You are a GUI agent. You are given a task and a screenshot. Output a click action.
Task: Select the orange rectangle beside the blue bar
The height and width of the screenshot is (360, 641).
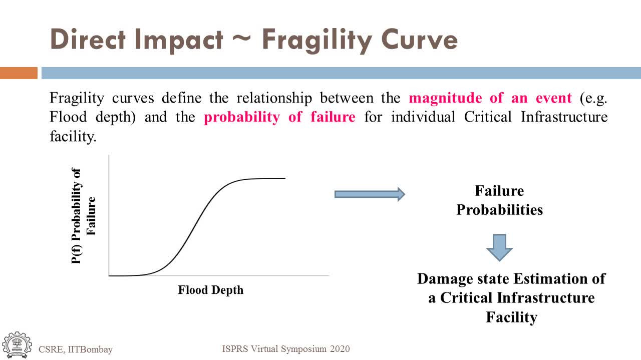click(19, 73)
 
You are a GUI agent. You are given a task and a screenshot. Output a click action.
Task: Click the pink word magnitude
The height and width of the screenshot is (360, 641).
click(445, 99)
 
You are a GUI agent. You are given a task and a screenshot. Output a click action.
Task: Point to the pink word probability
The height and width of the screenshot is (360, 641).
click(242, 117)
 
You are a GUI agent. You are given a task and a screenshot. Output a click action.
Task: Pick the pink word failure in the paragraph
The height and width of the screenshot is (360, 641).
click(333, 117)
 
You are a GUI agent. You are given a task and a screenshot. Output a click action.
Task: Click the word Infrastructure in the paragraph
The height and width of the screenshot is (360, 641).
click(564, 117)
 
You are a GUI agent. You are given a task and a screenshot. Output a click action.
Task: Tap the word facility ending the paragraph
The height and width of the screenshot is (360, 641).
click(73, 136)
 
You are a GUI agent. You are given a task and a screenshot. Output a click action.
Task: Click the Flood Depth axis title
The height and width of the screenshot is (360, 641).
click(211, 290)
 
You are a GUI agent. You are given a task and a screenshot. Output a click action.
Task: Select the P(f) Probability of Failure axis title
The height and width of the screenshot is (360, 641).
click(83, 216)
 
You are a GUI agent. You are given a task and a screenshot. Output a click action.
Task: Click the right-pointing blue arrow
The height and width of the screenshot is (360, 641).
click(370, 195)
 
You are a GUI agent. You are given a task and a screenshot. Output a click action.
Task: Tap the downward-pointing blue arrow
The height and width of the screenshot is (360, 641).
click(499, 248)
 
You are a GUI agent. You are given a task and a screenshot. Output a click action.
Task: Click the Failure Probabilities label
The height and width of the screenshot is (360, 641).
click(499, 200)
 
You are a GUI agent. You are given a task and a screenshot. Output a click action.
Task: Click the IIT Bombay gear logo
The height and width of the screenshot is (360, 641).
click(17, 345)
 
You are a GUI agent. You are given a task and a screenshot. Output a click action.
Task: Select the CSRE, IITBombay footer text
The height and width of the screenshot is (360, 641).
click(76, 349)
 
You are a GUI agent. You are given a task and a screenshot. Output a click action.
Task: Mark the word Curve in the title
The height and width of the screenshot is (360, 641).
click(420, 40)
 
